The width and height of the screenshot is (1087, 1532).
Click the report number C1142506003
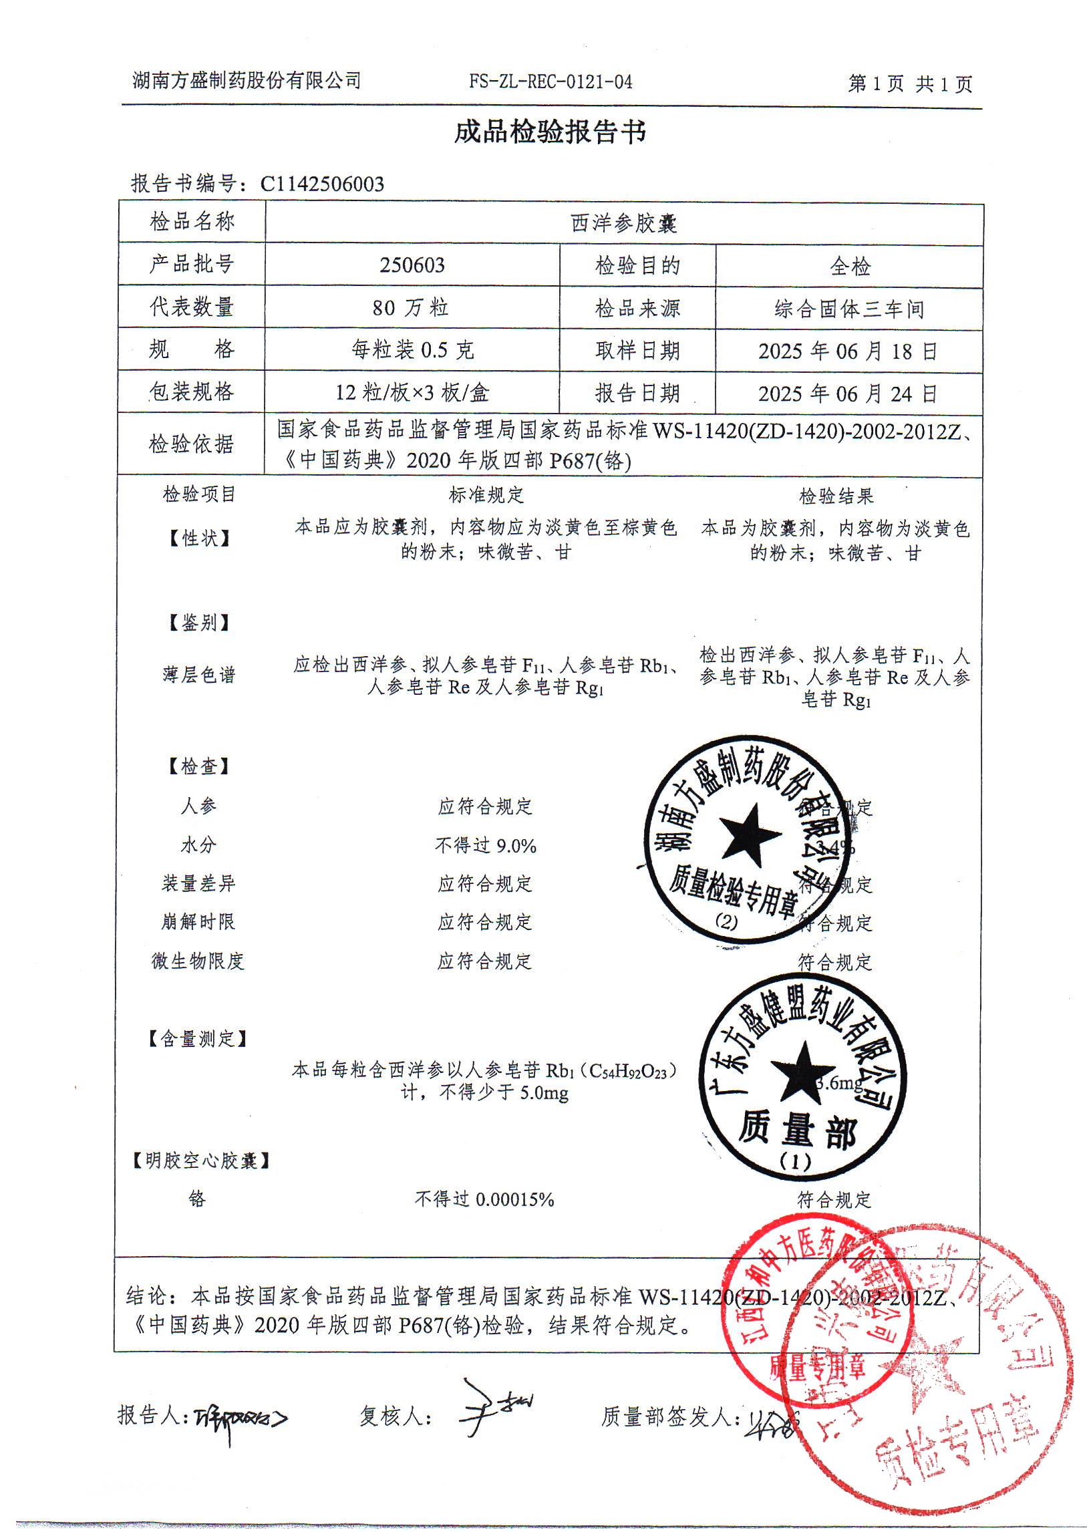[x=322, y=184]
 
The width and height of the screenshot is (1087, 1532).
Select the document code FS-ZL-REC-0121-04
[x=551, y=82]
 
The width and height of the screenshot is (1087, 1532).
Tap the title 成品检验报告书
[x=551, y=132]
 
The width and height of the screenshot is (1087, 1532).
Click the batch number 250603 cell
[x=412, y=266]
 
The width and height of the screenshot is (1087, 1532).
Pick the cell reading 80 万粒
[x=411, y=308]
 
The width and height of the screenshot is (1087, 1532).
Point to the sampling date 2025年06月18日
[x=848, y=351]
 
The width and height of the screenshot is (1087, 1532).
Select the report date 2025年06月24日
[x=848, y=394]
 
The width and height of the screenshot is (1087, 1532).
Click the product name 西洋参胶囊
[x=624, y=224]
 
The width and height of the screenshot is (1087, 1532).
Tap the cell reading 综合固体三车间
[x=849, y=309]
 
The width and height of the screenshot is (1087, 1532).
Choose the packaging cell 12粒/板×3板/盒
[x=412, y=392]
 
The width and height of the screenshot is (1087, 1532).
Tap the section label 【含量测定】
[x=198, y=1038]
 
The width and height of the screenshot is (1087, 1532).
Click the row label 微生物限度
[x=198, y=961]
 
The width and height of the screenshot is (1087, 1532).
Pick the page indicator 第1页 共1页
[x=910, y=84]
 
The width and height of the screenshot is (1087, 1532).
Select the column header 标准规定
[x=486, y=495]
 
